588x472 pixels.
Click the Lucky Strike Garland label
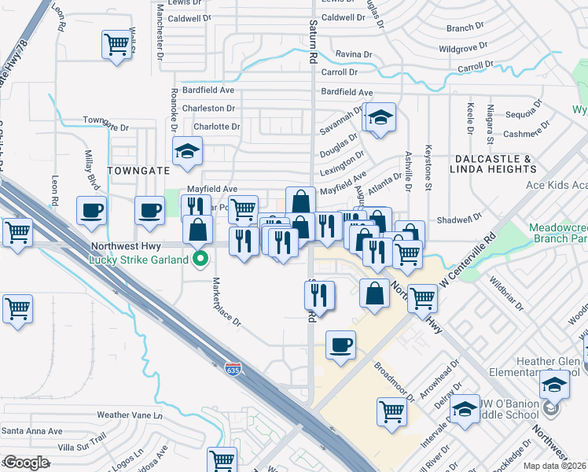click(x=138, y=260)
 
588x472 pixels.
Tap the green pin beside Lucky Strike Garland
click(x=200, y=259)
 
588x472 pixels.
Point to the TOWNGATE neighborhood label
click(x=138, y=169)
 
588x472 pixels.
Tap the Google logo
click(x=26, y=463)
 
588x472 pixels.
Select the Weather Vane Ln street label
click(x=128, y=415)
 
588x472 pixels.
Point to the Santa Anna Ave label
click(x=32, y=431)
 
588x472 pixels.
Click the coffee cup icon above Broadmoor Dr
click(x=340, y=345)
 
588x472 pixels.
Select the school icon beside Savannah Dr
click(x=380, y=118)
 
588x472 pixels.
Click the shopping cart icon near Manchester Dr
click(x=116, y=44)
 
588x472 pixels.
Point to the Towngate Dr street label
click(x=105, y=124)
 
